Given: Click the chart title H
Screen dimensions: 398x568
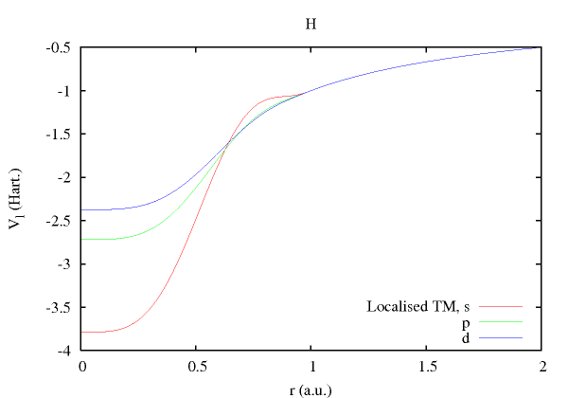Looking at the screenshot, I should (x=311, y=23).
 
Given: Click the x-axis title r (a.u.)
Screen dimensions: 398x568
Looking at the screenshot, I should (x=311, y=389).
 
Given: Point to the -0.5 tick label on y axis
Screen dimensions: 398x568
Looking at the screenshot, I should (x=63, y=48).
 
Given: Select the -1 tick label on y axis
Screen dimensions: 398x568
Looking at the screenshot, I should (x=68, y=91).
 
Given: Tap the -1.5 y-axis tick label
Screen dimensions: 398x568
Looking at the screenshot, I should (x=63, y=135).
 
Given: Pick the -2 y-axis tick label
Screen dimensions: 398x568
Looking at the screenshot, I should (x=68, y=178).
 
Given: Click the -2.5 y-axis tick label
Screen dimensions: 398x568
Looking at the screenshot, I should (x=63, y=221).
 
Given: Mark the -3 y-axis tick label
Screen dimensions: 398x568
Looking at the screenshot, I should (x=68, y=264).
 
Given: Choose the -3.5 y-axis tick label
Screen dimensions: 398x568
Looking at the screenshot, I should (x=63, y=307).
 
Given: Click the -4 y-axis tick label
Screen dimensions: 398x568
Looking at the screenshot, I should (x=68, y=351).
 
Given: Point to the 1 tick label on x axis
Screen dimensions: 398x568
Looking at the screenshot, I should (x=311, y=367).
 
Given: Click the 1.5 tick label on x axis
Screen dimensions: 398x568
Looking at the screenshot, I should (x=426, y=367).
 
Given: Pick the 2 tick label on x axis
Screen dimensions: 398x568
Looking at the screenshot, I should (x=541, y=367).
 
